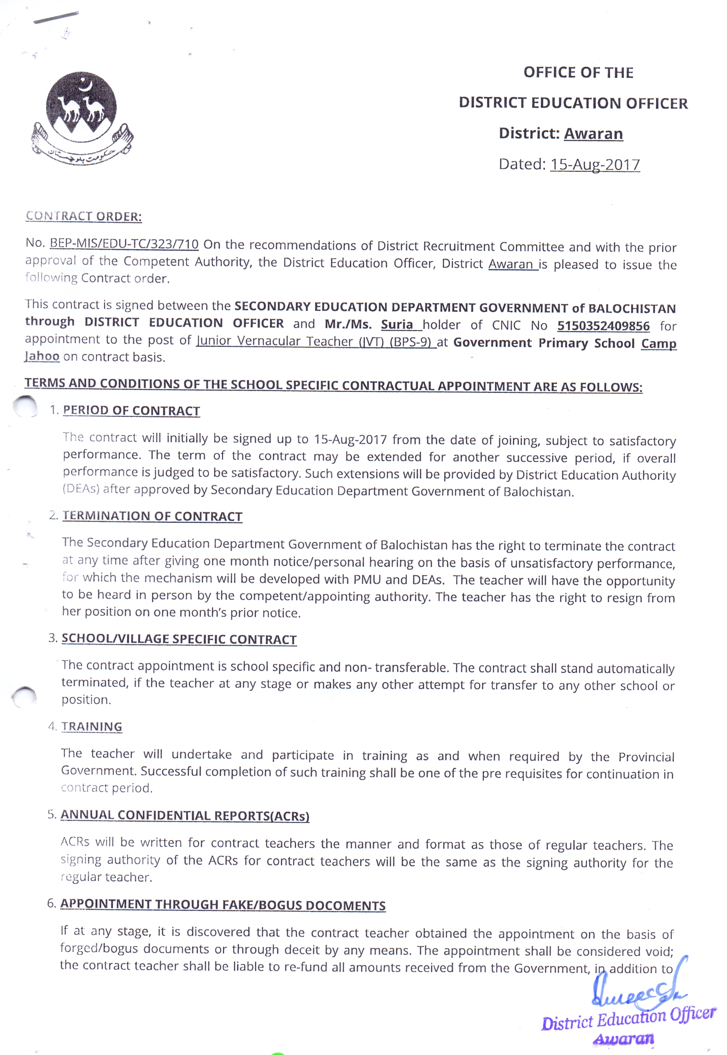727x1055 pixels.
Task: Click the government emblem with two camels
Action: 82,117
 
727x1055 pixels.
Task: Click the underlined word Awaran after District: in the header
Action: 593,134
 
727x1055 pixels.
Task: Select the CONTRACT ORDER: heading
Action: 83,216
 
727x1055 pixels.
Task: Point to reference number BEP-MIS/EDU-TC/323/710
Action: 124,244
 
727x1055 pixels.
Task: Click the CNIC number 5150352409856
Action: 603,326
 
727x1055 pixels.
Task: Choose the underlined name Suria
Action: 397,324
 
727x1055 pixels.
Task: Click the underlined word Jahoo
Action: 42,356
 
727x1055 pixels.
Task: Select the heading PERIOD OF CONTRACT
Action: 131,410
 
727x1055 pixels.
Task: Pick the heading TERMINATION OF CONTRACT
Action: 152,516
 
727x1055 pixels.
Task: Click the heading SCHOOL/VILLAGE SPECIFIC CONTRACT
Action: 179,639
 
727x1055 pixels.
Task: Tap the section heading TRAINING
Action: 92,727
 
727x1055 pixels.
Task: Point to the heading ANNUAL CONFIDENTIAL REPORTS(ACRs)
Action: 185,815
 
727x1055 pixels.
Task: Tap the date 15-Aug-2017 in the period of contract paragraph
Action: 350,439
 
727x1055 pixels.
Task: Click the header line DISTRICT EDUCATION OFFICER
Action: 573,103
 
